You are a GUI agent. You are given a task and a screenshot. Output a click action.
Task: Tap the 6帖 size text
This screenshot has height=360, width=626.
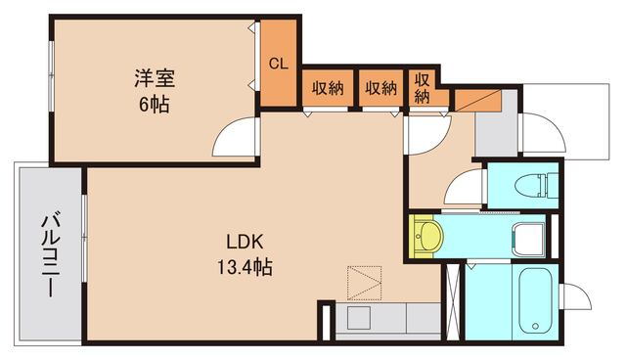point(154,103)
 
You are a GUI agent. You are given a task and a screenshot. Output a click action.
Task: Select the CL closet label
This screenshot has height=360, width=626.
point(279,64)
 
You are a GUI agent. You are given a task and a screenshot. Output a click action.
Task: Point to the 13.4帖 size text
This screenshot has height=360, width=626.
point(245,265)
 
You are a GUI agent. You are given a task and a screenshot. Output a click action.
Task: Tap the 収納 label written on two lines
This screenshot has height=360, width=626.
point(423,88)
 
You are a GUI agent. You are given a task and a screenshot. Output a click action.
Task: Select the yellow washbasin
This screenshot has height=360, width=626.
point(425,236)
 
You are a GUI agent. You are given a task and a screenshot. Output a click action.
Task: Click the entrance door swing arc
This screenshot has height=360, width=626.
point(541,131)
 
